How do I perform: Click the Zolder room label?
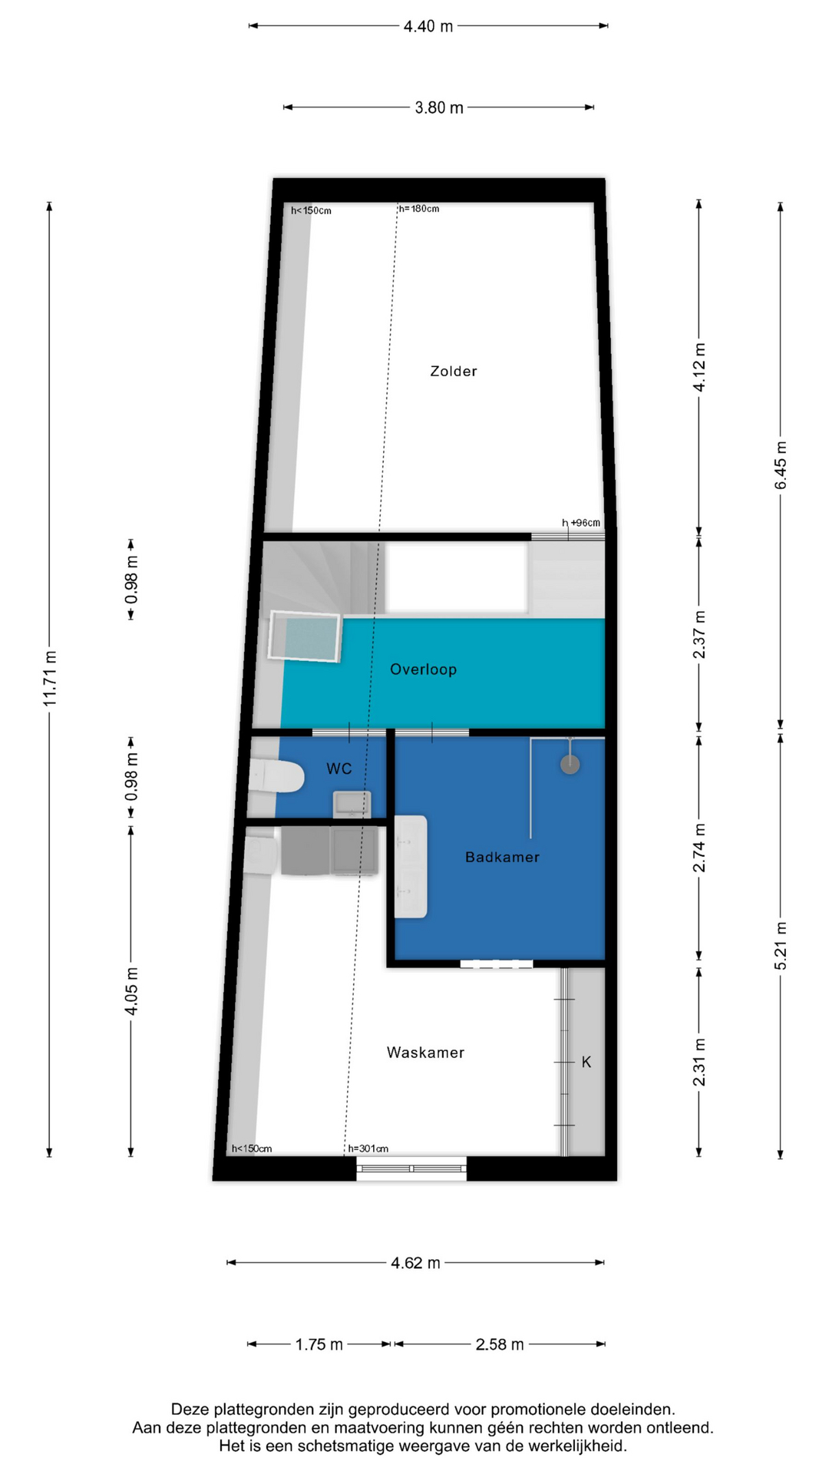(453, 372)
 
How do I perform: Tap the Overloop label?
(423, 669)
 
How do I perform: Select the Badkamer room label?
(502, 857)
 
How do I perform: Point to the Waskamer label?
(425, 1053)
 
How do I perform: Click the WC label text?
(339, 768)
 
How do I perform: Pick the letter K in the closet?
(586, 1062)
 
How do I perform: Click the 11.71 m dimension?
(50, 679)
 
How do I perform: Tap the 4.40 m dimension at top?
(428, 26)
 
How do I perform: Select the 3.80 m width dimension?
(439, 107)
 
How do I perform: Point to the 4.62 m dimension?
(415, 1263)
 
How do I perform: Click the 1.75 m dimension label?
(319, 1344)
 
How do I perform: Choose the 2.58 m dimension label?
(500, 1344)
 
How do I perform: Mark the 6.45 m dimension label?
(781, 465)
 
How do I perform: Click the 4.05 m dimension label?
(131, 990)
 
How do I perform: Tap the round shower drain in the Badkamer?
(570, 765)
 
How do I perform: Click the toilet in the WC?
(276, 775)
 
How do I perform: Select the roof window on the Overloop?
(305, 636)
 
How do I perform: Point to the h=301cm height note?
(368, 1148)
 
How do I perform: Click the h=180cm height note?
(419, 209)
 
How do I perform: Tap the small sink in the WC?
(352, 805)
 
